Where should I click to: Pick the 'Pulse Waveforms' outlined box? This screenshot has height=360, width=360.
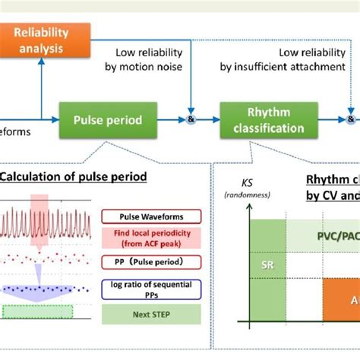click(x=150, y=216)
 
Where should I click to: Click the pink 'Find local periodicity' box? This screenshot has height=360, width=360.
click(x=150, y=238)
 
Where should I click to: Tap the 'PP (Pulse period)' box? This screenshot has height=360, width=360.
click(x=150, y=262)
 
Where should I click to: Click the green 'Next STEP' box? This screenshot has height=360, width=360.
click(x=150, y=313)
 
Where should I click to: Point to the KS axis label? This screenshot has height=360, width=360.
click(x=247, y=183)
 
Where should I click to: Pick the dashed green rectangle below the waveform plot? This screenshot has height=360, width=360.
click(x=38, y=311)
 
